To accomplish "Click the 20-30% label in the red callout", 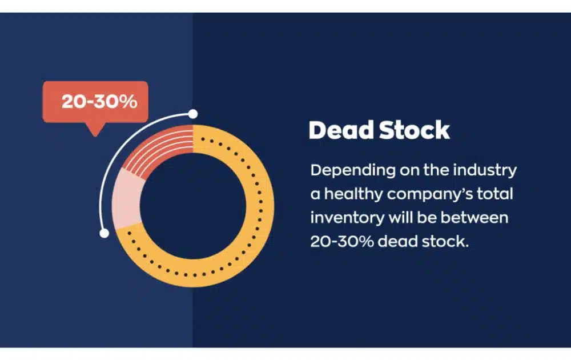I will pyautogui.click(x=99, y=102).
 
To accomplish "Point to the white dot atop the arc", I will pyautogui.click(x=193, y=114).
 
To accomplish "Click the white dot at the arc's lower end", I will pyautogui.click(x=104, y=233).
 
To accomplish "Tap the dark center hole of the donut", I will pyautogui.click(x=193, y=206).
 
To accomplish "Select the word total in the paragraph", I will pyautogui.click(x=497, y=194).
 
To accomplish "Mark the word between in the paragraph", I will pyautogui.click(x=477, y=218).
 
